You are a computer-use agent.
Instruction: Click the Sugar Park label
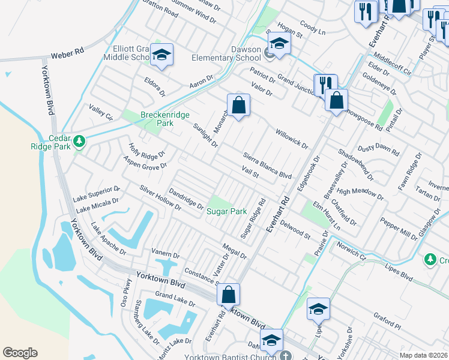tap(226, 212)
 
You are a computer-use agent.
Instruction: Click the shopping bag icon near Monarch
tap(238, 105)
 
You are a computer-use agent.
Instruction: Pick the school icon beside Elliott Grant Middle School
tap(161, 55)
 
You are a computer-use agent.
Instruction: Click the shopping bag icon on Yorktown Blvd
tap(228, 295)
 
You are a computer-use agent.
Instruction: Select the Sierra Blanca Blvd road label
tap(267, 165)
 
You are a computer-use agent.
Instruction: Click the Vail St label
tap(250, 172)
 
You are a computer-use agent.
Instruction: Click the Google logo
tap(20, 353)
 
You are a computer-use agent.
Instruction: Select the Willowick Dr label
tap(291, 139)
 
